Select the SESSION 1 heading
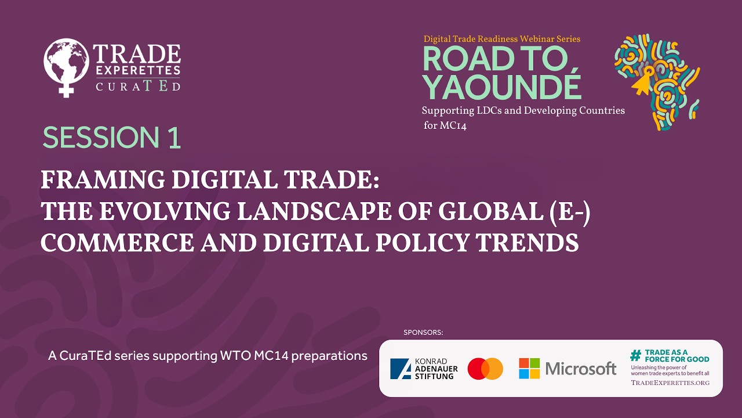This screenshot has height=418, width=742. click(x=112, y=138)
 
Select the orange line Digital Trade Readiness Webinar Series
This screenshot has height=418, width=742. click(x=501, y=39)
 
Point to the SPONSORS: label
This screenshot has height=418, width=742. click(x=423, y=333)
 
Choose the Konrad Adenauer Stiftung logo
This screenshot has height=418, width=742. click(x=424, y=369)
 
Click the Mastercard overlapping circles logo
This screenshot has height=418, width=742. click(x=485, y=369)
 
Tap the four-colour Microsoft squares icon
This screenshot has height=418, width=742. click(x=529, y=369)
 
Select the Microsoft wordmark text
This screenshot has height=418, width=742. click(x=581, y=369)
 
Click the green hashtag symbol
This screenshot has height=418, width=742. click(x=635, y=355)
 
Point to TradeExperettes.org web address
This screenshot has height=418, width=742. click(x=670, y=383)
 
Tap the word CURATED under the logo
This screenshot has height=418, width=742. click(x=137, y=86)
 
